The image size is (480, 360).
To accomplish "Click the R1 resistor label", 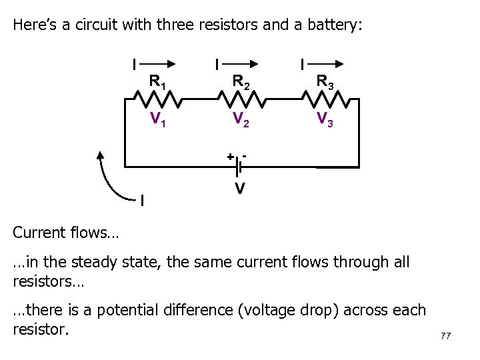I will [x=158, y=83].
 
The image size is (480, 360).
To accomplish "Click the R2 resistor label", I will [x=241, y=83].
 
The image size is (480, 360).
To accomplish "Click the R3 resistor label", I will [x=325, y=83].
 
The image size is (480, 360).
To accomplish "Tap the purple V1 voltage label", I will [x=158, y=119].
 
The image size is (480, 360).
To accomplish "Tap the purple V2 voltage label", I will [x=241, y=119].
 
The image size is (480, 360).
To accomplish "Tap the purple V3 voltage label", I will [x=325, y=119].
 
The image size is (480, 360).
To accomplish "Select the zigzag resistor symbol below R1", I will [x=158, y=100].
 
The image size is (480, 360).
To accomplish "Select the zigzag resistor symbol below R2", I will [x=241, y=100].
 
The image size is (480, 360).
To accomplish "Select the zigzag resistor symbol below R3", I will [x=325, y=100].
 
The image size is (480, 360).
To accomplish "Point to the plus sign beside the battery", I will [x=229, y=157].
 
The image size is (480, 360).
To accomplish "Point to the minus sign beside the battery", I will [x=245, y=155].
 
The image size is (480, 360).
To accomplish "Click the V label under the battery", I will [x=238, y=189].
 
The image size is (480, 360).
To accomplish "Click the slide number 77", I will [x=445, y=336].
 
